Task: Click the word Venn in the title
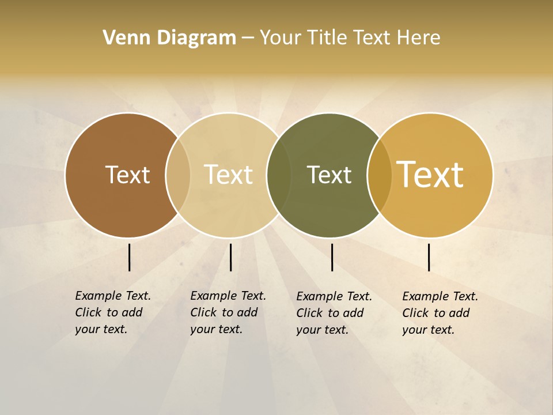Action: (x=123, y=38)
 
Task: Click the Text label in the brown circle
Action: (x=127, y=175)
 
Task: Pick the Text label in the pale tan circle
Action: (x=228, y=175)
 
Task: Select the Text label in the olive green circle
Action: (x=329, y=175)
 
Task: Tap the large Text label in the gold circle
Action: (x=430, y=175)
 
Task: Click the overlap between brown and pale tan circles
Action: (x=178, y=175)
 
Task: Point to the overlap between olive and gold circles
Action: (x=379, y=175)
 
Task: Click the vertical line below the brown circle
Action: (x=130, y=257)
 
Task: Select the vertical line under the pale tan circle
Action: (x=230, y=257)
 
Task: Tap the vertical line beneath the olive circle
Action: (x=332, y=257)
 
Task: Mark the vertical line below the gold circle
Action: (x=429, y=257)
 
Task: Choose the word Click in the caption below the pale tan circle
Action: (x=203, y=313)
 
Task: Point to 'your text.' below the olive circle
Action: (x=323, y=330)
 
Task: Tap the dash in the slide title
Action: (x=248, y=38)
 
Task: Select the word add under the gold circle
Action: (x=459, y=314)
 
